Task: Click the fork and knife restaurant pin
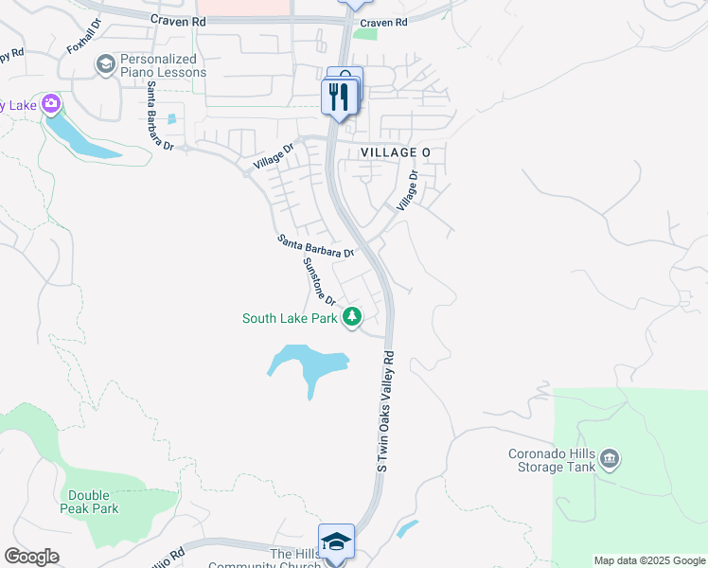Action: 338,96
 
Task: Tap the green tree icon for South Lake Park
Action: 352,317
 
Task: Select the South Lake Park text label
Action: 290,319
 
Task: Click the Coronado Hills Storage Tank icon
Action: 611,459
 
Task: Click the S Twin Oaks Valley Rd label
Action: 384,412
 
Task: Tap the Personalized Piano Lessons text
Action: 163,65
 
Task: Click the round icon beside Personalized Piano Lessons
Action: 105,64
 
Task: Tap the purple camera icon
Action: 51,103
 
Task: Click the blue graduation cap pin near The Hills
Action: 336,541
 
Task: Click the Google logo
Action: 31,557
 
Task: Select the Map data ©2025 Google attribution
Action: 649,560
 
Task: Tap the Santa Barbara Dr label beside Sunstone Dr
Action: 315,246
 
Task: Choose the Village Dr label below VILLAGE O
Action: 407,190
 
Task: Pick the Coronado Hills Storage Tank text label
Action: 552,459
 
